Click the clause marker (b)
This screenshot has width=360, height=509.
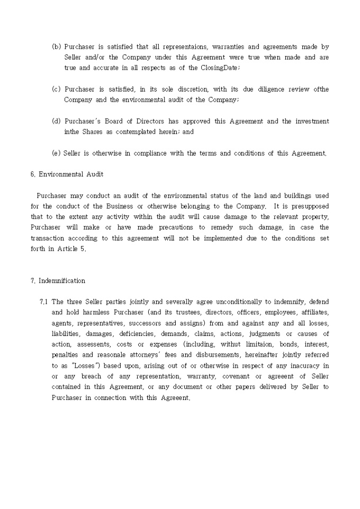(x=56, y=47)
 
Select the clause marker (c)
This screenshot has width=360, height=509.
(x=56, y=89)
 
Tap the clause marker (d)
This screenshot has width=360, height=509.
(x=56, y=121)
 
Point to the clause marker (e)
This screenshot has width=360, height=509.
(x=56, y=153)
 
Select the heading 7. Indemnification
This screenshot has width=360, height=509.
(x=58, y=280)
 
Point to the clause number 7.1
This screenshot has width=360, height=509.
(x=43, y=302)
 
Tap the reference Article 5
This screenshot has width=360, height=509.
(x=73, y=249)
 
